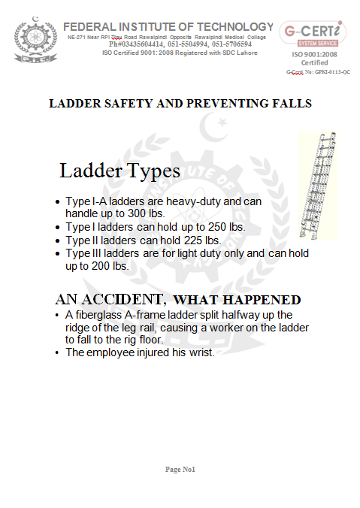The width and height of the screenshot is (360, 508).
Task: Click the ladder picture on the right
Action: click(x=318, y=185)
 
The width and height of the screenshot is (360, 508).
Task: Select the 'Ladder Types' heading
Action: click(x=119, y=171)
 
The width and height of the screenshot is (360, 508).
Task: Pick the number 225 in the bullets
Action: click(x=193, y=240)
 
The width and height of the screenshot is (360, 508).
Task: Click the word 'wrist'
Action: click(x=202, y=352)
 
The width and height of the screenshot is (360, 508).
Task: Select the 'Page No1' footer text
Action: click(x=180, y=469)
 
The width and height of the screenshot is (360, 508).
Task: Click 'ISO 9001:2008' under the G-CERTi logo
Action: click(x=314, y=54)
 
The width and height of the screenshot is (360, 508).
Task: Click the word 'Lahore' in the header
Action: click(x=243, y=52)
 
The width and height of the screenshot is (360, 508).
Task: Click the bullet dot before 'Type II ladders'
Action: click(x=59, y=241)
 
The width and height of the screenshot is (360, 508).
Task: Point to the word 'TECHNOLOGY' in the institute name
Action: click(x=228, y=26)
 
